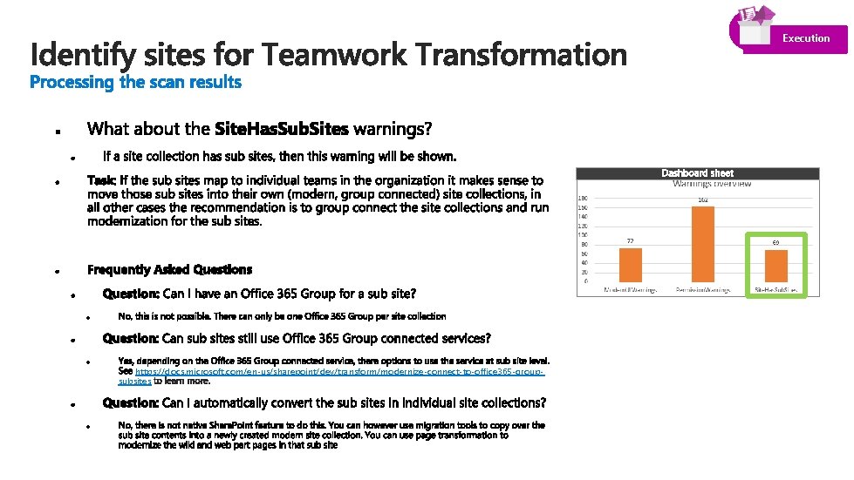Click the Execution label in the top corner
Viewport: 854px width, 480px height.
pos(805,38)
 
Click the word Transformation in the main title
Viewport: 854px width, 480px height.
pos(521,55)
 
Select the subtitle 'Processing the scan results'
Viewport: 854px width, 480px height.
pos(135,83)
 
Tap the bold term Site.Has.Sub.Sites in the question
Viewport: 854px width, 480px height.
pos(281,130)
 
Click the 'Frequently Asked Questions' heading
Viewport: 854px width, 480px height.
pos(169,269)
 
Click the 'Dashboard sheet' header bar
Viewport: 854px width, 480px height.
pos(697,173)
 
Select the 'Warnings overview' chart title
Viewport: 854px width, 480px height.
pos(711,184)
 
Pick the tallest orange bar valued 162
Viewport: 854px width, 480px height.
pos(702,244)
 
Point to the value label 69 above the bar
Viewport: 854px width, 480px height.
pos(775,243)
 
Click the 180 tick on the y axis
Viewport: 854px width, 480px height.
pos(582,199)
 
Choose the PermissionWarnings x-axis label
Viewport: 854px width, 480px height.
pos(703,289)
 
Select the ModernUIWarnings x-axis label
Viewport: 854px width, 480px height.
pos(631,289)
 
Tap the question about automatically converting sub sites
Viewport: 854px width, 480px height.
pos(325,402)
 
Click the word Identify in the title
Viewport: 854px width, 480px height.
pos(83,55)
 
